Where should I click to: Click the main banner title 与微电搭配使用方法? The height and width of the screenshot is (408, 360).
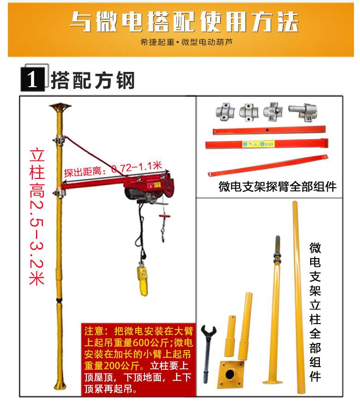pos(184,22)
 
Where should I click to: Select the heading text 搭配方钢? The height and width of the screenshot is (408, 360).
pos(94,79)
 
